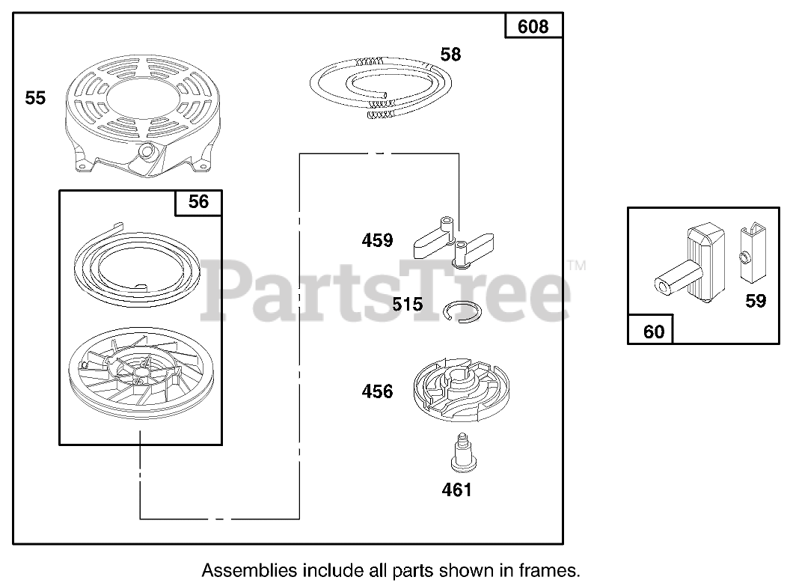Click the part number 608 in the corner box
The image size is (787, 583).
pyautogui.click(x=533, y=28)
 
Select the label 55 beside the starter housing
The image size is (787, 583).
pyautogui.click(x=35, y=98)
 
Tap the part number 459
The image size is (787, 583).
pyautogui.click(x=377, y=241)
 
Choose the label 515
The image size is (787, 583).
pyautogui.click(x=408, y=305)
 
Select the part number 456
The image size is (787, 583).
pyautogui.click(x=377, y=391)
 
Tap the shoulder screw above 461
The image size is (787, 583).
pyautogui.click(x=459, y=454)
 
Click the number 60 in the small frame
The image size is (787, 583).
pyautogui.click(x=653, y=330)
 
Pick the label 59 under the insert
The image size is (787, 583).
pyautogui.click(x=756, y=302)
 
